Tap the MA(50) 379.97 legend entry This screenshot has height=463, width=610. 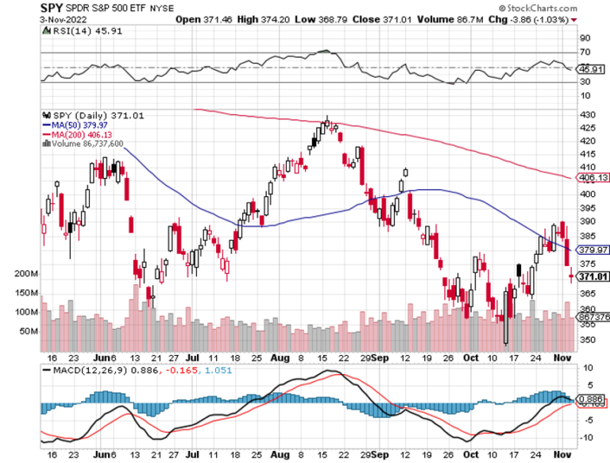click(x=76, y=124)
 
